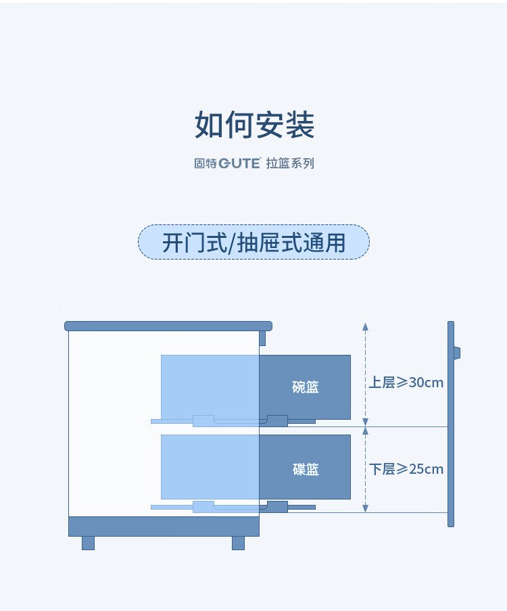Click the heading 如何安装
click(x=254, y=125)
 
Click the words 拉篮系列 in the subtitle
click(x=290, y=164)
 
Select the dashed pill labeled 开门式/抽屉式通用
click(x=254, y=243)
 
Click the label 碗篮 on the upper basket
click(x=305, y=387)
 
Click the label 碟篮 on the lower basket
click(x=305, y=469)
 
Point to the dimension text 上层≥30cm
click(x=406, y=383)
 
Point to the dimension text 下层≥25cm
click(x=406, y=469)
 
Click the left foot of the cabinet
click(x=88, y=543)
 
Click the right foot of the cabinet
click(x=238, y=543)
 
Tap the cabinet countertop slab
click(x=168, y=326)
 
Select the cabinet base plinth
click(x=164, y=526)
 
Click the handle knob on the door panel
click(x=457, y=352)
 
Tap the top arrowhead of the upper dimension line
click(x=365, y=326)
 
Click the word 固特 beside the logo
click(x=204, y=164)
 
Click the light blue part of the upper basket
click(x=210, y=387)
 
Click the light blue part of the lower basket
click(x=210, y=466)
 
